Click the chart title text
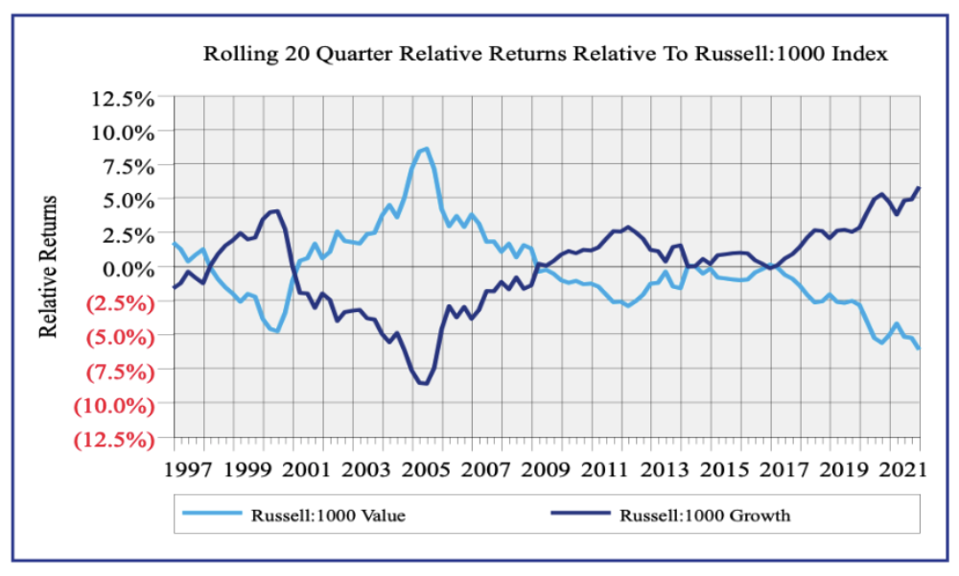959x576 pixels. tap(545, 54)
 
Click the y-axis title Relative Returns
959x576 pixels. tap(50, 267)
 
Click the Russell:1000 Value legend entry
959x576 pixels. tap(328, 516)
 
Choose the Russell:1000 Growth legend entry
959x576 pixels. tap(705, 516)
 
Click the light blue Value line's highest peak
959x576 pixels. tap(427, 149)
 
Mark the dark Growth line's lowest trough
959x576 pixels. tap(425, 384)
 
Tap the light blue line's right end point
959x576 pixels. tap(919, 348)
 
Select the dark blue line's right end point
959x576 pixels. tap(919, 188)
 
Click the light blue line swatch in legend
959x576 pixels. tap(213, 516)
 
